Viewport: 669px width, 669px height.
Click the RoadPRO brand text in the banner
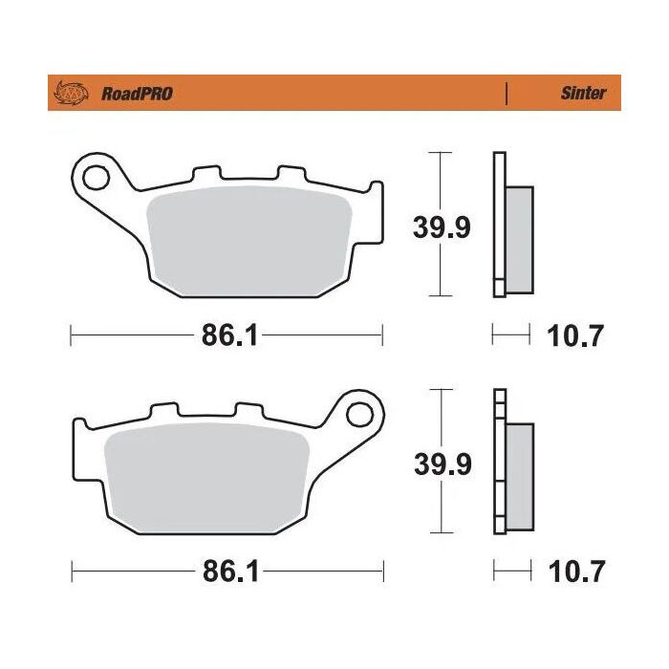click(137, 94)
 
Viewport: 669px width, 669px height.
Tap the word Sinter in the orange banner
click(582, 94)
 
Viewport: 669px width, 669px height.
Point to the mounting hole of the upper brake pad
click(95, 177)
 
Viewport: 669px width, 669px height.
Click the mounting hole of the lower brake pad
click(360, 414)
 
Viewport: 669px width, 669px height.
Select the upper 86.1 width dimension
click(227, 335)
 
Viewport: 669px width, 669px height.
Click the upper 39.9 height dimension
click(441, 227)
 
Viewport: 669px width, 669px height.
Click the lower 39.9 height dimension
click(441, 465)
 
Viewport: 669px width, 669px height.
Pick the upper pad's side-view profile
click(511, 225)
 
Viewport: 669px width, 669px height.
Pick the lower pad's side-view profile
click(512, 463)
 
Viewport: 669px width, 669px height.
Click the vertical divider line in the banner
click(506, 94)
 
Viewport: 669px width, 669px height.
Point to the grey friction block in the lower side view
click(520, 473)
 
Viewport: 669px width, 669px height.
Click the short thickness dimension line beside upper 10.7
click(510, 334)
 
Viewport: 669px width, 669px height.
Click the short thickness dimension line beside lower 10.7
click(511, 572)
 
